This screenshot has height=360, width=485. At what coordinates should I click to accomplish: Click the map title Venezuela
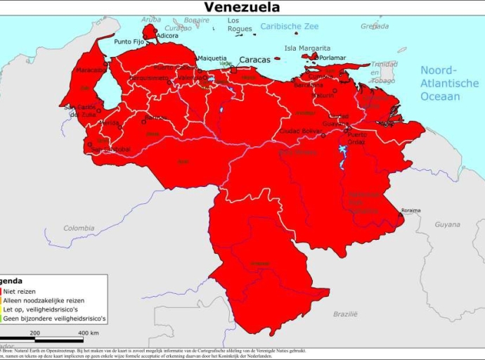point(242,8)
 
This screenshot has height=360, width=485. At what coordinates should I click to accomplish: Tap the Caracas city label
point(254,60)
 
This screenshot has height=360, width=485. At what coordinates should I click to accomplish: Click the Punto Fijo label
point(129,41)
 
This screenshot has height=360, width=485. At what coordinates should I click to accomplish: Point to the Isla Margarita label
point(306,48)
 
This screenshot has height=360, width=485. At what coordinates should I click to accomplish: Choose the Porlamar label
point(332,58)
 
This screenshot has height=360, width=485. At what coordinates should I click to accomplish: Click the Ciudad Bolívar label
point(300,131)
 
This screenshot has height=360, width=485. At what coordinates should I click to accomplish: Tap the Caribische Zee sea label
point(290,27)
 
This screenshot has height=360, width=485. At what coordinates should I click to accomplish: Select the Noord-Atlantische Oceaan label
point(449,83)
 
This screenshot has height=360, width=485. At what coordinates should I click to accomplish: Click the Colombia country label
point(79,228)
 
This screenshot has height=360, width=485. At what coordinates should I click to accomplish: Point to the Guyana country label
point(447,224)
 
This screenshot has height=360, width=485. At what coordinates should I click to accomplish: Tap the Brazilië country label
point(345,314)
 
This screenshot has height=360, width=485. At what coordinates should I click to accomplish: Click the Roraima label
point(410,210)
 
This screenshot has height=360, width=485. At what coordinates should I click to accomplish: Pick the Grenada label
point(374,26)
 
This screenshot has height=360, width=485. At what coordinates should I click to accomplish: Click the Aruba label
point(150,20)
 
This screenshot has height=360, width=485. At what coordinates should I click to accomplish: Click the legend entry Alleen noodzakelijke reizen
point(44,300)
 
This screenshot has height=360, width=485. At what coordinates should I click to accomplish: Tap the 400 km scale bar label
point(88,333)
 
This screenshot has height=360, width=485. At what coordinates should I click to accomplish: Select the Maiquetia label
point(212,58)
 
